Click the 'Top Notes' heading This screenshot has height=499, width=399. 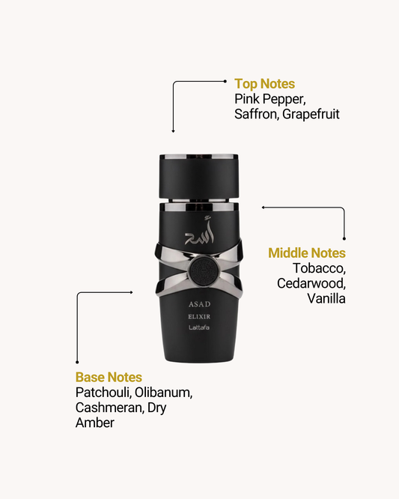tap(264, 84)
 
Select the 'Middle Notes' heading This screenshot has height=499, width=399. tap(307, 253)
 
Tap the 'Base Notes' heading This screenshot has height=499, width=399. tap(109, 377)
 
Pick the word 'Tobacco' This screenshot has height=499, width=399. tap(319, 268)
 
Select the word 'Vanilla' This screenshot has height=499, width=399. tap(326, 298)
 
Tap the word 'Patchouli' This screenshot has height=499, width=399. tap(103, 393)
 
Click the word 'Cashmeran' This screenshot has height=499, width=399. tap(110, 408)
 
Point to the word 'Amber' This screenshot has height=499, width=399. tap(95, 423)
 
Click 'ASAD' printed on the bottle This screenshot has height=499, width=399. tap(199, 304)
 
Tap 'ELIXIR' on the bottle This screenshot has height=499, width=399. tap(199, 317)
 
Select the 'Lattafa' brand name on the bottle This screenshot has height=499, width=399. tap(199, 327)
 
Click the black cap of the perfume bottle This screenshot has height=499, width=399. tap(199, 176)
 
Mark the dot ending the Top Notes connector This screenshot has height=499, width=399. tap(225, 82)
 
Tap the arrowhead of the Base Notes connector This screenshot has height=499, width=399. tap(131, 292)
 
